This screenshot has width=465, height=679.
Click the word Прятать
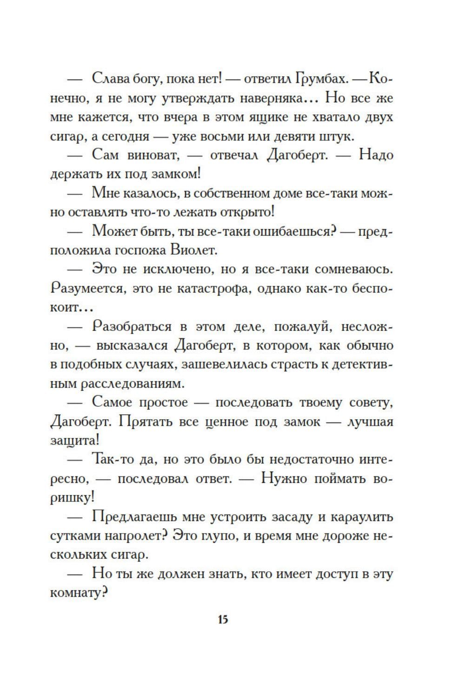click(145, 422)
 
